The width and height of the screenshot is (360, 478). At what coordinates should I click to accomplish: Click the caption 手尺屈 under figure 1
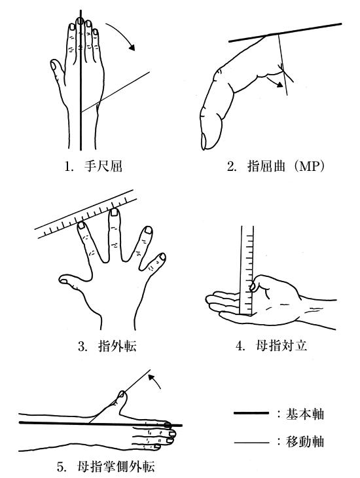tap(103, 166)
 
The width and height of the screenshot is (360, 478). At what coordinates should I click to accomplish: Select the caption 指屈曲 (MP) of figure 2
tap(285, 166)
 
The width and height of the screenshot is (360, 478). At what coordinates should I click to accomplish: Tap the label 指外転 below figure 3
tap(117, 346)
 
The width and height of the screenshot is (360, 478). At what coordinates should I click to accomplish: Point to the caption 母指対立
tap(281, 346)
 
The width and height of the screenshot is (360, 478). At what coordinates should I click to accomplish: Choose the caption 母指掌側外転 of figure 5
tap(116, 467)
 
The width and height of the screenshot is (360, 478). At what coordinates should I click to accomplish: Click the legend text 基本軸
tap(304, 414)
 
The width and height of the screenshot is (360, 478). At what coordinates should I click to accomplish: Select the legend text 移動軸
tap(304, 441)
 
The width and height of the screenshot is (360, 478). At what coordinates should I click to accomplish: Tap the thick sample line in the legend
tap(251, 413)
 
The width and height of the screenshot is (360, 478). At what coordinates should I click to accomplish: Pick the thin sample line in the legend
tap(251, 442)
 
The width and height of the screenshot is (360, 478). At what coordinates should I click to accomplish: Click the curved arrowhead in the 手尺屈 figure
tap(132, 46)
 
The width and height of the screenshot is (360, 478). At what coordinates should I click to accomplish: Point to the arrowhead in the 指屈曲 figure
tap(279, 85)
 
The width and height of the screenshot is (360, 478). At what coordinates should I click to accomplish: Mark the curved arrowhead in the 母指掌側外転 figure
tap(151, 378)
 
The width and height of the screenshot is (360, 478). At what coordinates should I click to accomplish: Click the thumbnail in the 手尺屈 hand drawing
tap(54, 65)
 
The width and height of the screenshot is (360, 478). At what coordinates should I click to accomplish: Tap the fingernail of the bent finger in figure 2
tap(204, 141)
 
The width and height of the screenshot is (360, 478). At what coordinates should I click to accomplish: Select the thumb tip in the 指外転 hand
tap(63, 280)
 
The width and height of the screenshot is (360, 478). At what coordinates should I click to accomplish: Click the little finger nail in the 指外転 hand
tap(162, 257)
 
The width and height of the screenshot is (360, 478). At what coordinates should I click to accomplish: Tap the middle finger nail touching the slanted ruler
tap(115, 212)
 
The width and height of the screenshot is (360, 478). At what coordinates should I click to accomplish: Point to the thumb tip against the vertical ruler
tap(253, 286)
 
